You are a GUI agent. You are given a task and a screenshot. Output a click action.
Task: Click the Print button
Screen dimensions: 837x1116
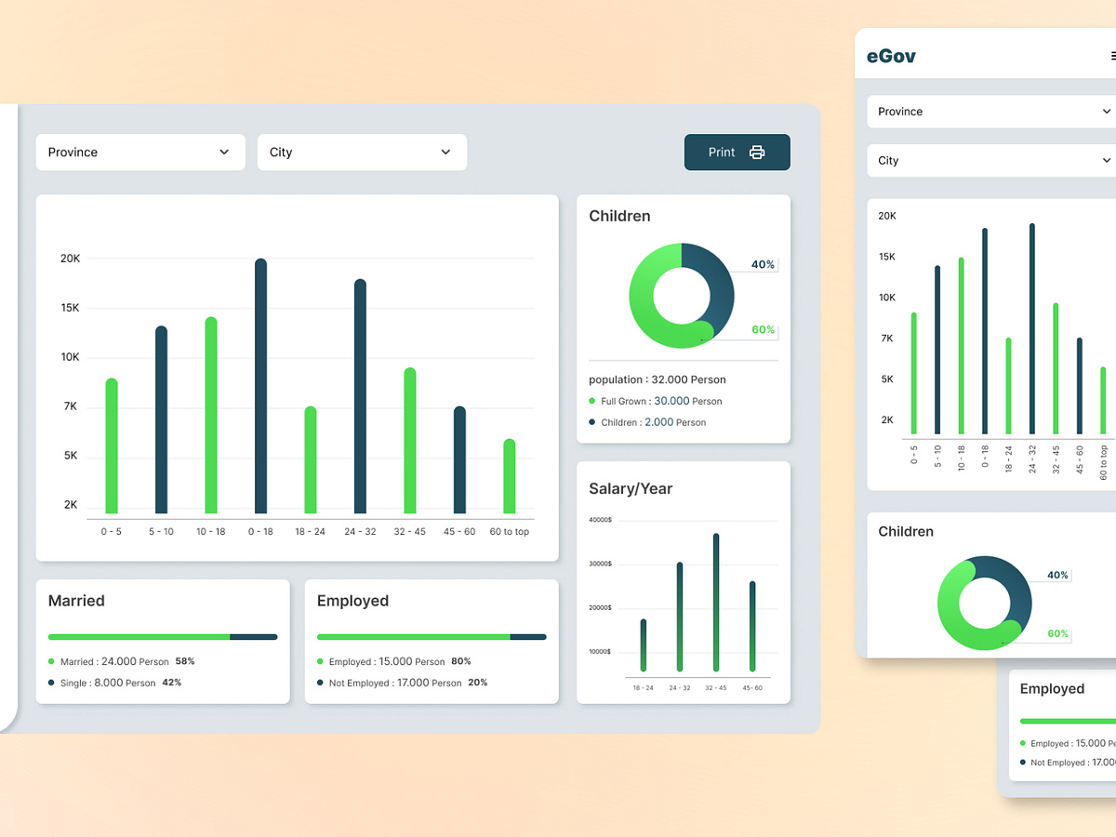point(737,153)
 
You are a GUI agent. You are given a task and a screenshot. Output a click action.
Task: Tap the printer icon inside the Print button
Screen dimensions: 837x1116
point(757,153)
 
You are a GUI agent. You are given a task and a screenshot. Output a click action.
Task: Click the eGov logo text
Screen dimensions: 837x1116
point(891,56)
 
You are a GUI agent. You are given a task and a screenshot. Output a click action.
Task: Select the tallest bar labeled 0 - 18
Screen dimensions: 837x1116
point(260,386)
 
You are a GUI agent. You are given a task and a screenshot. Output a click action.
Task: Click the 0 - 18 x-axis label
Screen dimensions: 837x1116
point(260,531)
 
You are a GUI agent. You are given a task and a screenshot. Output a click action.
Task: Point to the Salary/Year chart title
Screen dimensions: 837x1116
point(631,488)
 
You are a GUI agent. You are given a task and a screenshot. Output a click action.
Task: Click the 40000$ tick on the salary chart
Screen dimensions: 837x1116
point(600,520)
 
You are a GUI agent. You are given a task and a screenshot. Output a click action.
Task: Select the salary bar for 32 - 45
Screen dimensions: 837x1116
point(716,602)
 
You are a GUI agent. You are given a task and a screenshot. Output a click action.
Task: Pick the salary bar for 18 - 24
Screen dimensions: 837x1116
point(643,644)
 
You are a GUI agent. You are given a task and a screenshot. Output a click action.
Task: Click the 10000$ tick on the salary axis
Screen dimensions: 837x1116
point(600,651)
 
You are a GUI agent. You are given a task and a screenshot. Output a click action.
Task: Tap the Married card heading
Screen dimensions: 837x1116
point(76,601)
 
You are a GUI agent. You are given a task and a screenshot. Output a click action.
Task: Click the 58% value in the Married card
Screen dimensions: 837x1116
point(184,661)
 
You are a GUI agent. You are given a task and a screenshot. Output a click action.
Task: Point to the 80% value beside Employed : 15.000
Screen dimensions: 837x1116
point(461,661)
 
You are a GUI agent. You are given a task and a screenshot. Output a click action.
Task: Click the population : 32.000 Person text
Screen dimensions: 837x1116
point(657,379)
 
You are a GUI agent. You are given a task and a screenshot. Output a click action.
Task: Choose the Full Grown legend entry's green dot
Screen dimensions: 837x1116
point(592,401)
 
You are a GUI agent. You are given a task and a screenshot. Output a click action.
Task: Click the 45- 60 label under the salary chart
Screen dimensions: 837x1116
point(751,687)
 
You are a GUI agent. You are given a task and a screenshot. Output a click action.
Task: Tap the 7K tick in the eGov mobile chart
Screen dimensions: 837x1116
point(887,339)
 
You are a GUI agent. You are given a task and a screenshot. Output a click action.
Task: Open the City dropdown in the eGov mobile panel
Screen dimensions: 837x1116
point(991,160)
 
